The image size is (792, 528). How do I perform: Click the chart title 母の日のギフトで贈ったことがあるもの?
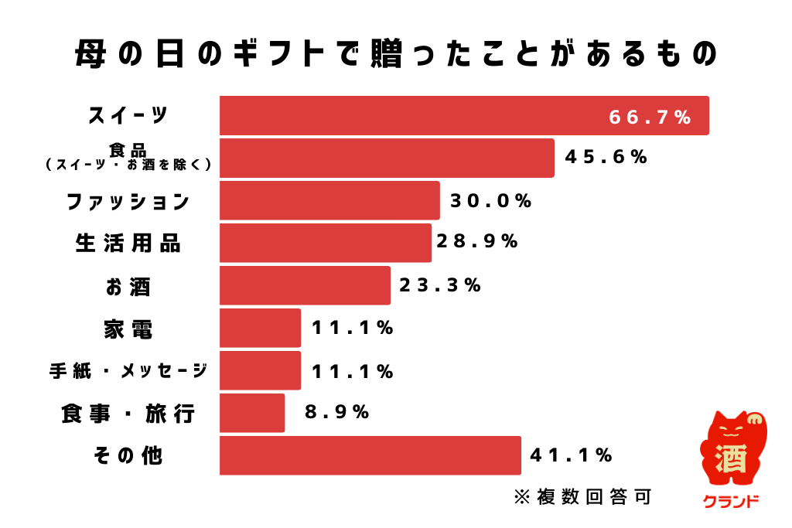(396, 55)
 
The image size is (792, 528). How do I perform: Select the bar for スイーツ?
(464, 116)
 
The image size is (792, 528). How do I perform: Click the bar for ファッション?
(329, 201)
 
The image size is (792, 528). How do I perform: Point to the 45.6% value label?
(606, 157)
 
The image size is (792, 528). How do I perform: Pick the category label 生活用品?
(128, 244)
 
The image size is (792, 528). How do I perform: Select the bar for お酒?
(305, 285)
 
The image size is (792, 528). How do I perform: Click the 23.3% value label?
(440, 285)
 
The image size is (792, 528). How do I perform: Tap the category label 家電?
(128, 329)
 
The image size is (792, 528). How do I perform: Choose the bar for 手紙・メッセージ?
(260, 370)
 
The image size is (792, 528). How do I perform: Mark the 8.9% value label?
(337, 412)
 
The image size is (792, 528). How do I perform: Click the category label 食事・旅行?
(128, 414)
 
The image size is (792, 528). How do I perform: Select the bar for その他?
(370, 455)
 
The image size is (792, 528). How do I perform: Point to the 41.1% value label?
(572, 455)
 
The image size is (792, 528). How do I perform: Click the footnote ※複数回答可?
(582, 496)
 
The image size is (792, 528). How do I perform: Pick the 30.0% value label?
(491, 201)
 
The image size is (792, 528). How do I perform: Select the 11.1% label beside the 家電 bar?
(353, 328)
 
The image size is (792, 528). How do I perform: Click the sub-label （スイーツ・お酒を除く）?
(128, 164)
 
